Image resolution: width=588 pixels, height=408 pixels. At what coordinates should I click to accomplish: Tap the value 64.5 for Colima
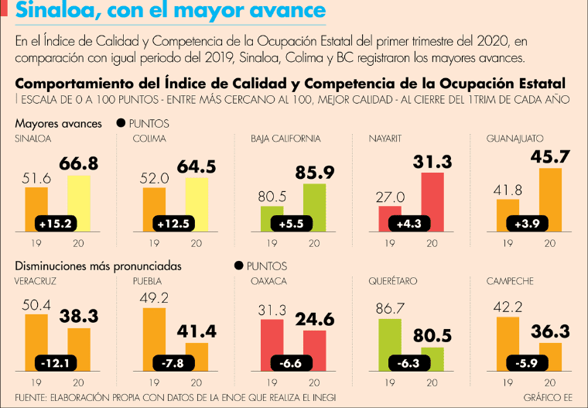(197, 166)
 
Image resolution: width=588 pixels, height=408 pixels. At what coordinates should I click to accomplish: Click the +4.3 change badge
(409, 224)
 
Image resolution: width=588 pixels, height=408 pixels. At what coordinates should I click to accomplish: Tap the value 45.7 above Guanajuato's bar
(550, 156)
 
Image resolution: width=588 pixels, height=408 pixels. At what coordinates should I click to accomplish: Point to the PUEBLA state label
(147, 281)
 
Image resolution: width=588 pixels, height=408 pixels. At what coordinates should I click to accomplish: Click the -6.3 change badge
(409, 363)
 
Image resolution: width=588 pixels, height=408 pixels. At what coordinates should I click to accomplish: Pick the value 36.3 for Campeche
(550, 331)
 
